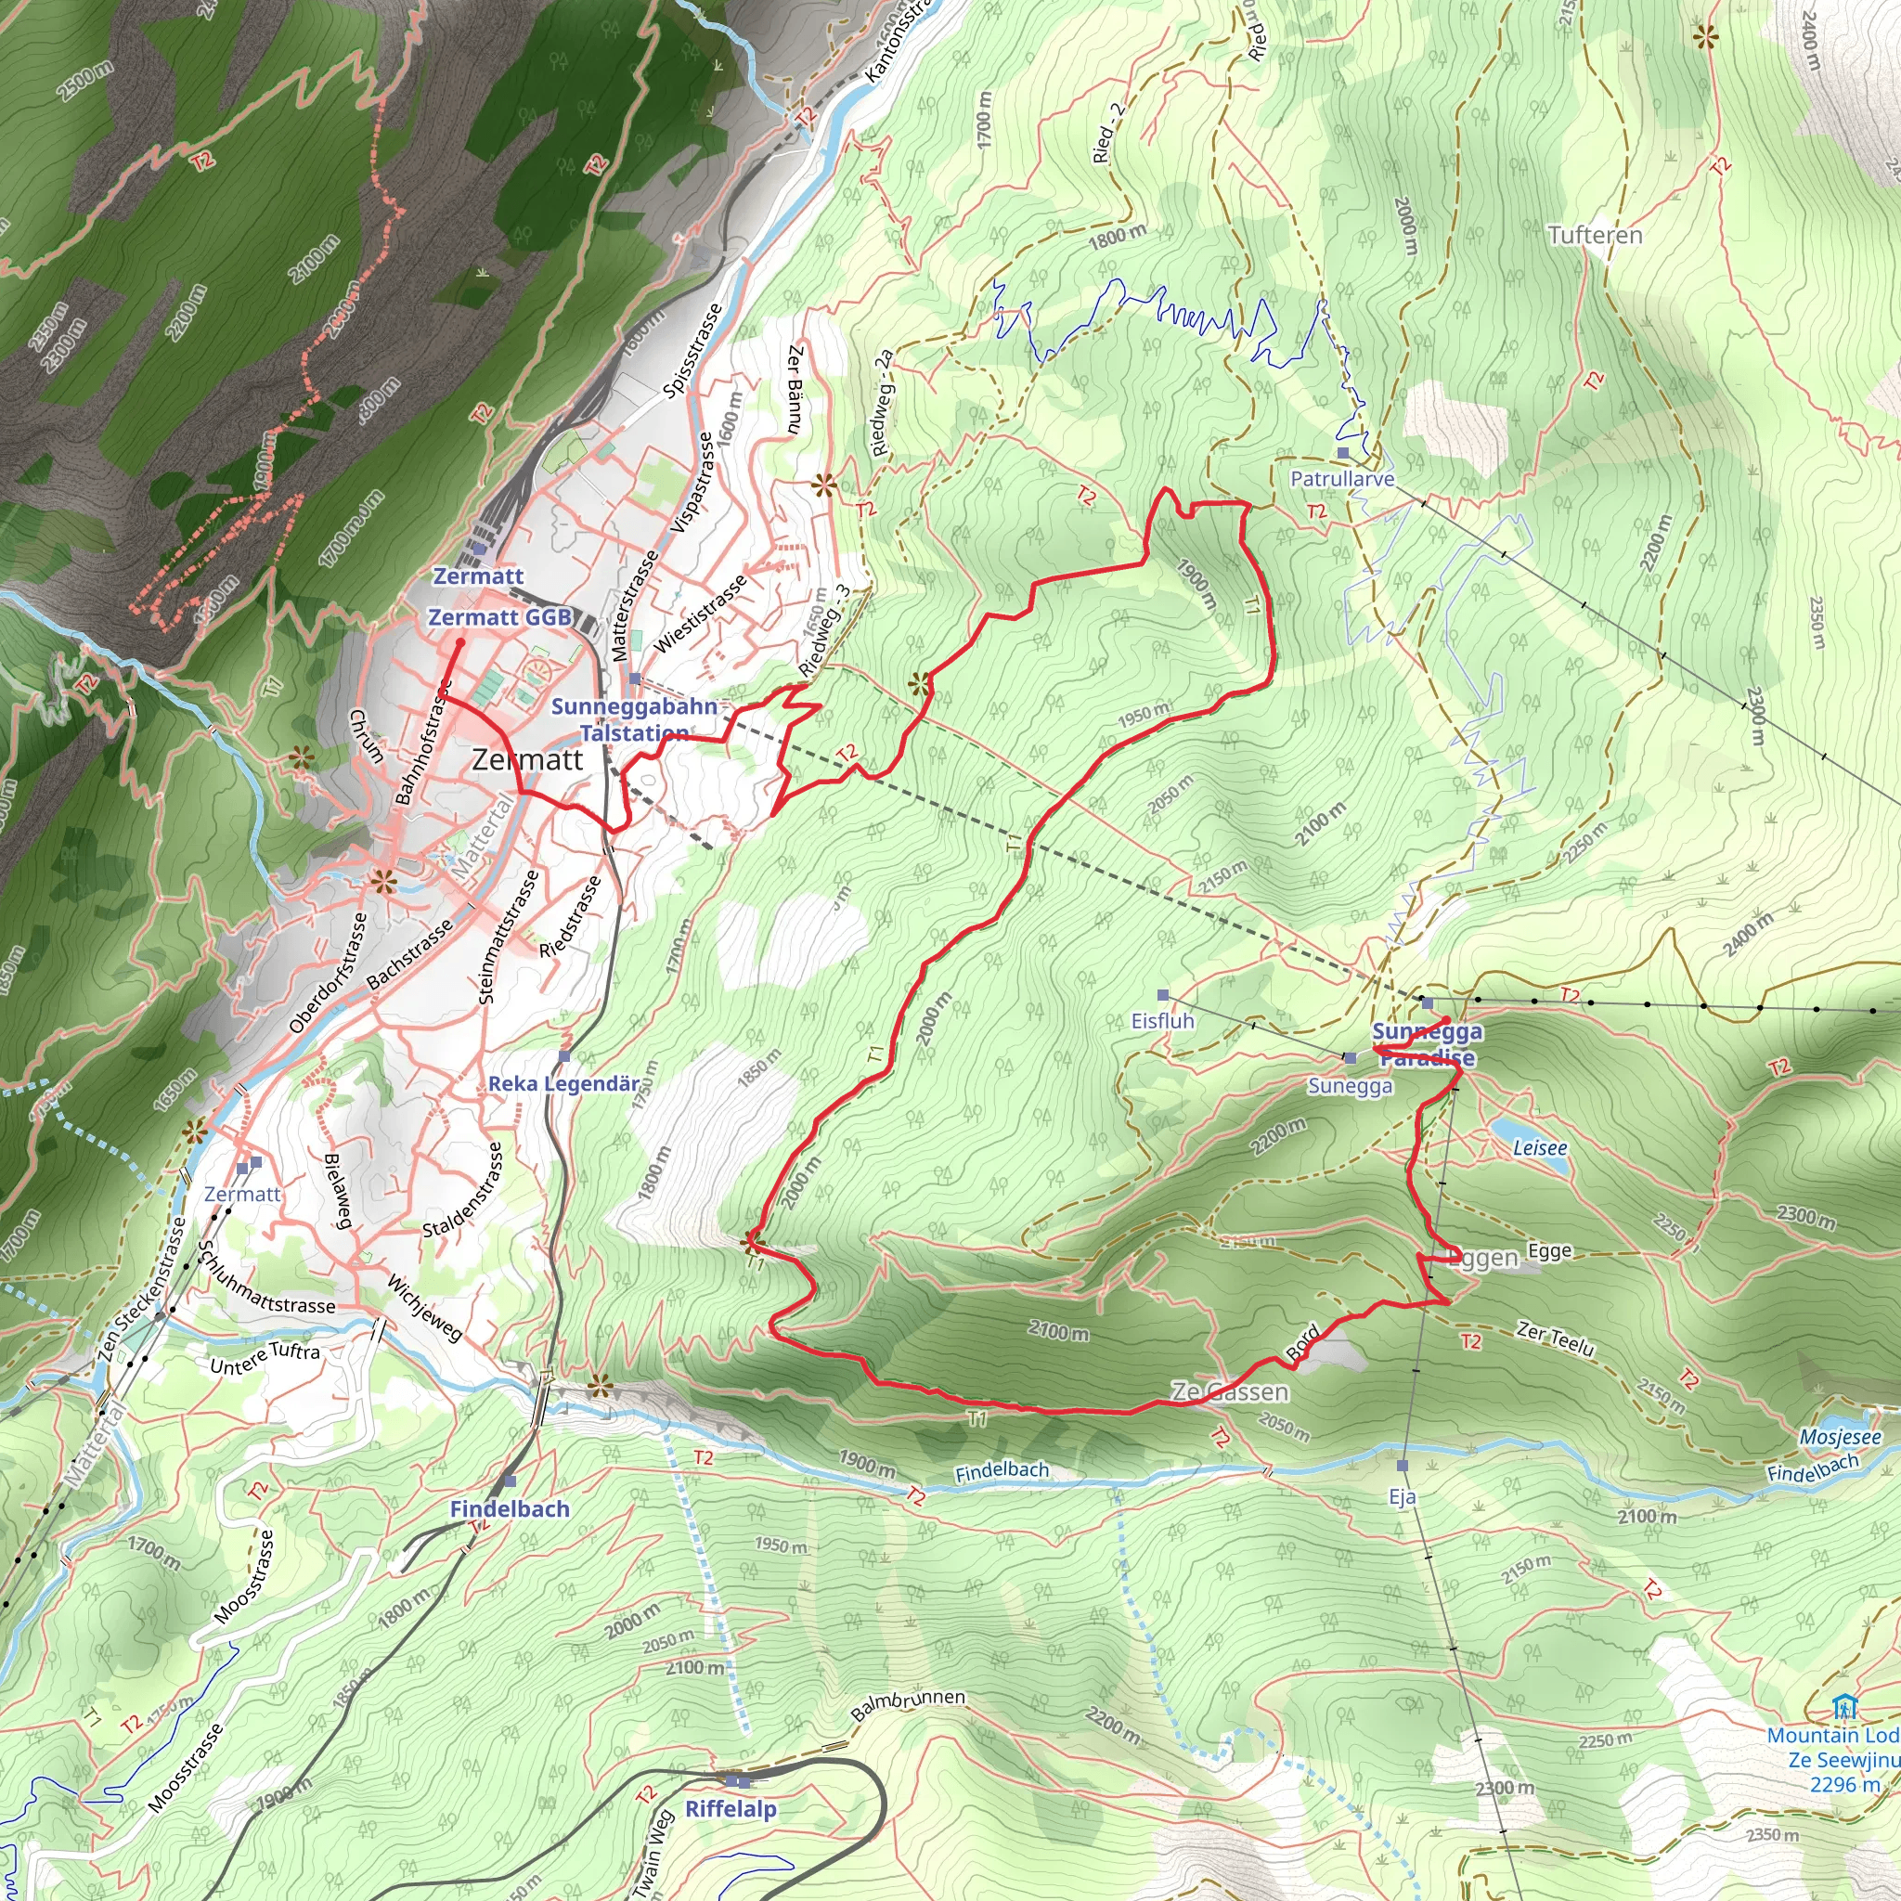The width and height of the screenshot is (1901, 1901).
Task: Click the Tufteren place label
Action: click(1595, 235)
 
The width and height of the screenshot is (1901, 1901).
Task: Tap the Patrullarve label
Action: click(1342, 479)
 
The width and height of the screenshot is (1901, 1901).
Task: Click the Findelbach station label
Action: click(510, 1508)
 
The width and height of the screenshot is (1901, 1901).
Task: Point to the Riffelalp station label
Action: click(731, 1808)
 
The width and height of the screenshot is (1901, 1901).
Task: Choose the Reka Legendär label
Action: click(563, 1083)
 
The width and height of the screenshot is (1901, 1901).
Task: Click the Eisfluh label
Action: click(1162, 1020)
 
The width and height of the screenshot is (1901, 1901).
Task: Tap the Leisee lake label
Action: click(1540, 1147)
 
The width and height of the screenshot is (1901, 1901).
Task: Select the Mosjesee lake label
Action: click(1840, 1438)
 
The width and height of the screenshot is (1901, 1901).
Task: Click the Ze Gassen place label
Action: click(1229, 1391)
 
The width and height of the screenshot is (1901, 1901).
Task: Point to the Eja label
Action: click(1403, 1496)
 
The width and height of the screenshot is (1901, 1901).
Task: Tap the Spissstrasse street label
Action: click(692, 350)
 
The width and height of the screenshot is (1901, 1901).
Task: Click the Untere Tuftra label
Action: click(265, 1358)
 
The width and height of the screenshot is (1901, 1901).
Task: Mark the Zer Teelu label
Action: click(1555, 1338)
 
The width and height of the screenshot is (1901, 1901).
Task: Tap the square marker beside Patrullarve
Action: click(1343, 453)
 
